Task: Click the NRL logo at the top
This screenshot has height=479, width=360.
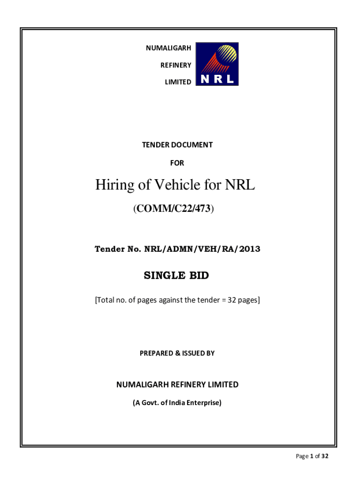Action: [217, 64]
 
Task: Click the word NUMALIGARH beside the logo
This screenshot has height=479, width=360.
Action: [169, 48]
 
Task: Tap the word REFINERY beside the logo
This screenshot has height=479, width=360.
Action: [176, 65]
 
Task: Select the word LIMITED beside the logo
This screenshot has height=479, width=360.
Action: [178, 82]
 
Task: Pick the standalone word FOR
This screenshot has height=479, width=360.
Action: [177, 163]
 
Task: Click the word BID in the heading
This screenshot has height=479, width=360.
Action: [199, 276]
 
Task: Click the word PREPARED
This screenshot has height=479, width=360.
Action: [157, 354]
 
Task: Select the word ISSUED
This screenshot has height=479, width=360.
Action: [192, 354]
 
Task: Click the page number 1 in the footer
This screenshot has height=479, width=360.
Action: [311, 457]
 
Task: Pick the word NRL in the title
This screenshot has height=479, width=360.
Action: [240, 185]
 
